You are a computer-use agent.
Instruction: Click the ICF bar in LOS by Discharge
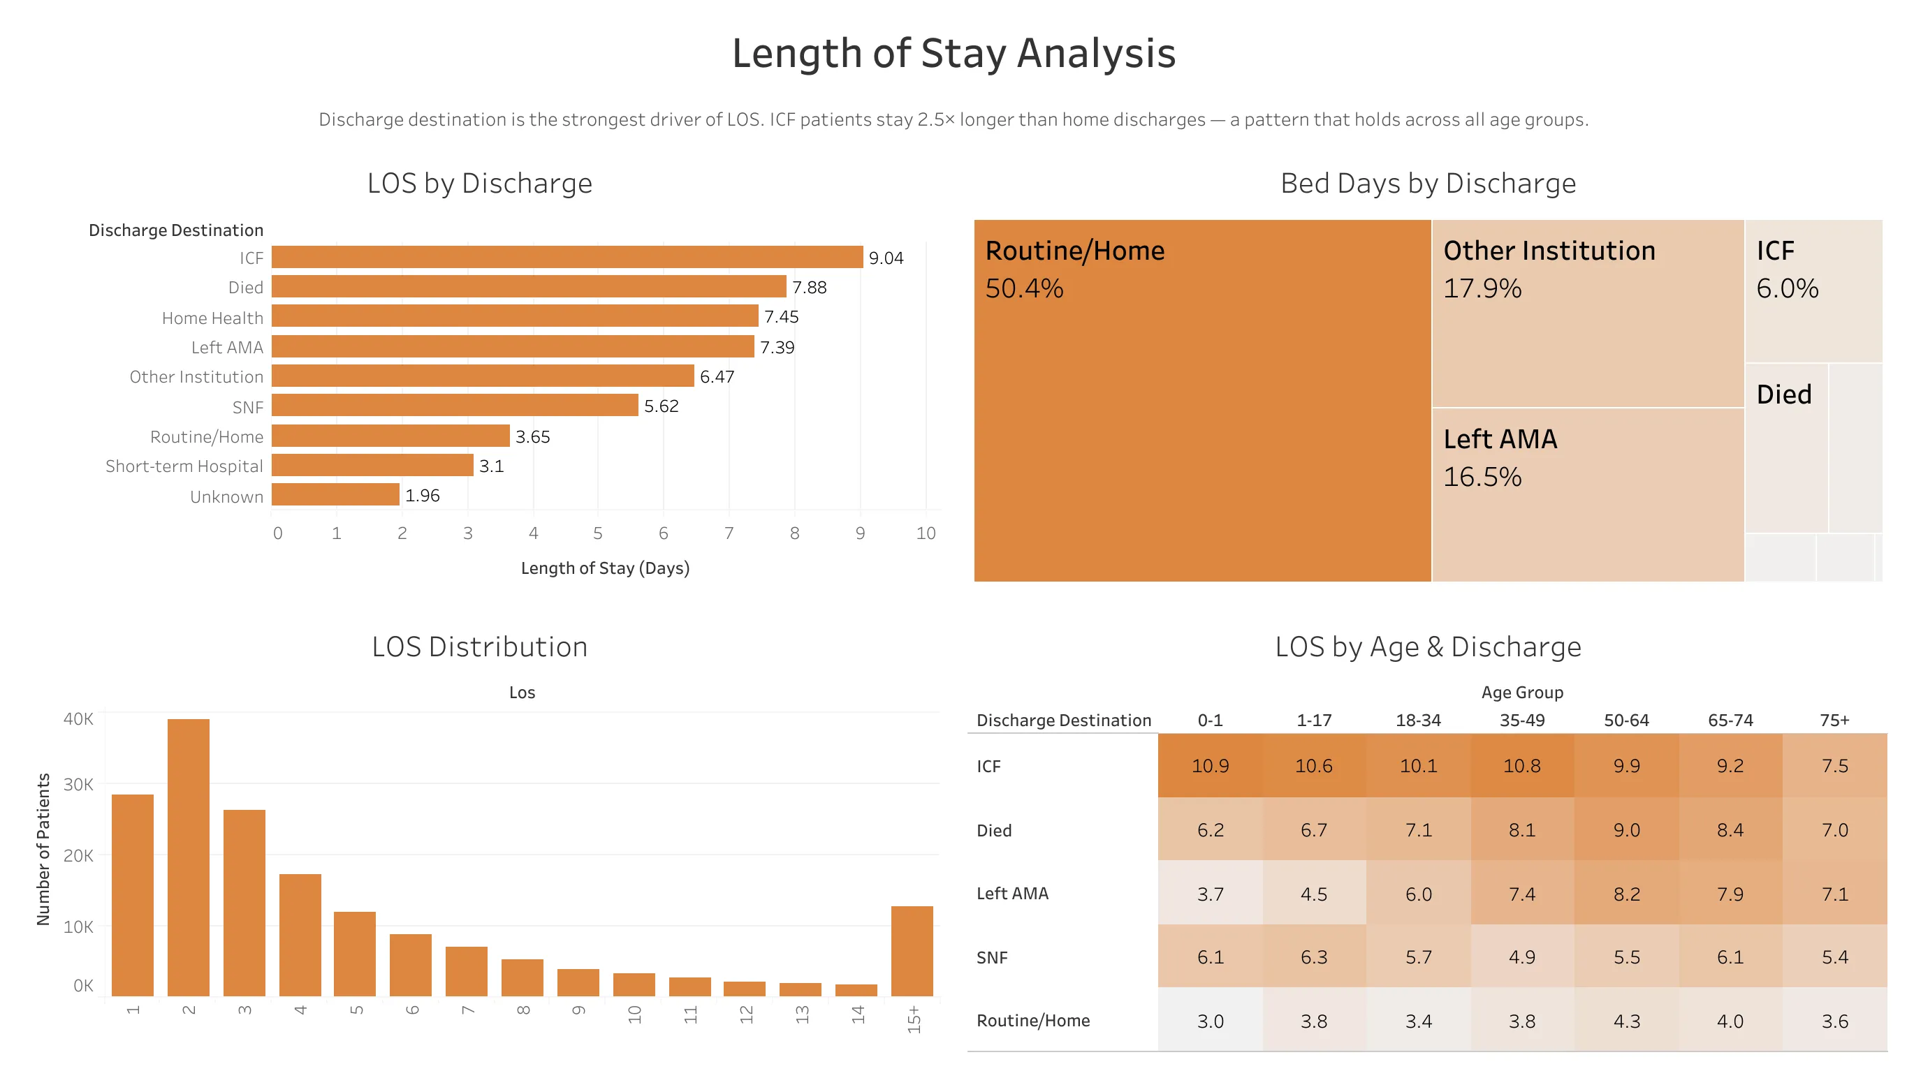point(567,257)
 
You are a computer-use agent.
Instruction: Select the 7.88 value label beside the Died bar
point(809,287)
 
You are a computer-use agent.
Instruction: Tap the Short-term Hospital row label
point(184,466)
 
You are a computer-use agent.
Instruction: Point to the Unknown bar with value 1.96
point(335,494)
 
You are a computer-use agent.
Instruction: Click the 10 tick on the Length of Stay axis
point(926,533)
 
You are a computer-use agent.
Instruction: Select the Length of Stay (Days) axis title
point(605,568)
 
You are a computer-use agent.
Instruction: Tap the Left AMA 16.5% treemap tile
point(1587,494)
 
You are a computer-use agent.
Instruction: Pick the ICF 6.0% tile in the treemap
point(1812,290)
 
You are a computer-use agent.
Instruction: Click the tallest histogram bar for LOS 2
point(188,857)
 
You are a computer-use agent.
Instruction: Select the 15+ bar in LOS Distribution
point(912,950)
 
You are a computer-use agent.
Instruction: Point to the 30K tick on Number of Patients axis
point(78,784)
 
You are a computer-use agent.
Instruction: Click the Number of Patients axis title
point(43,849)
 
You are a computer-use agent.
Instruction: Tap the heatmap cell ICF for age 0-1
point(1210,765)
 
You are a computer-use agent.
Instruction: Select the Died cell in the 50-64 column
point(1625,829)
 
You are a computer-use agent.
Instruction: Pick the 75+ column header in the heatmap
point(1834,721)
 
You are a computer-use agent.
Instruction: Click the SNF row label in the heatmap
point(991,957)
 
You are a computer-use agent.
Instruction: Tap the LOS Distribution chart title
point(479,647)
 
